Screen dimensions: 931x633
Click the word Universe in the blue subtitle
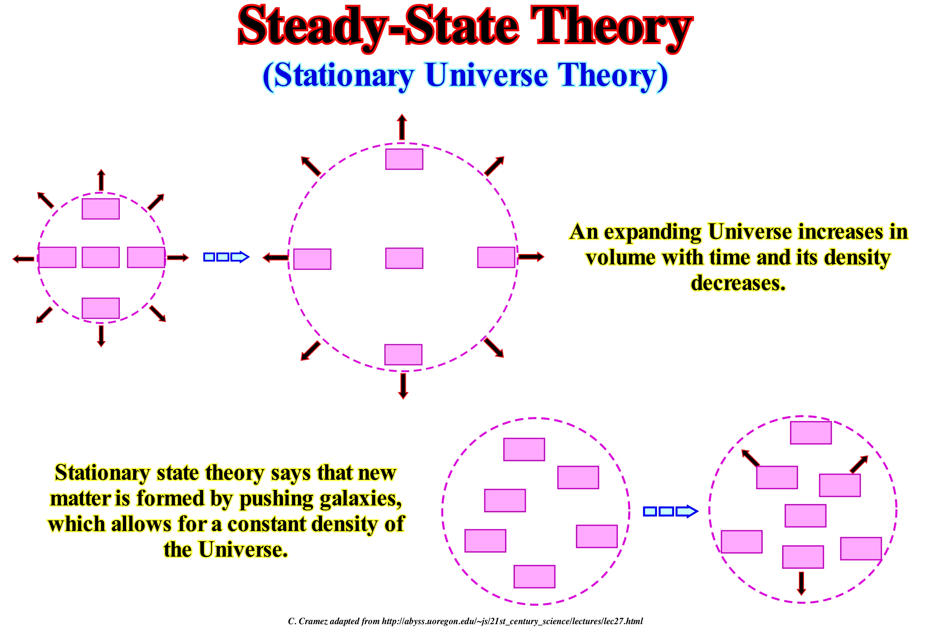click(x=486, y=75)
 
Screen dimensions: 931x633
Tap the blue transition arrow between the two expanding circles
click(x=226, y=257)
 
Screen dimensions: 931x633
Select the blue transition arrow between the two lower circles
click(x=671, y=511)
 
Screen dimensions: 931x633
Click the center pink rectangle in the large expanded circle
click(x=404, y=258)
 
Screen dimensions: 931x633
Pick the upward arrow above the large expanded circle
click(x=402, y=127)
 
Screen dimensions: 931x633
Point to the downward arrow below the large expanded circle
click(x=403, y=386)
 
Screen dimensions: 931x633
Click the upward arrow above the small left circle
click(x=101, y=180)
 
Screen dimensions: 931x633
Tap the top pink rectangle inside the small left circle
click(x=101, y=209)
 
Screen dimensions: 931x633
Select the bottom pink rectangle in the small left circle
click(x=101, y=308)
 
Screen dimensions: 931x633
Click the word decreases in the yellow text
click(x=738, y=283)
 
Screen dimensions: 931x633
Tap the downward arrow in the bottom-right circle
click(x=801, y=583)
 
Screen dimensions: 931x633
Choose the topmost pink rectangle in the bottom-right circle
click(x=811, y=433)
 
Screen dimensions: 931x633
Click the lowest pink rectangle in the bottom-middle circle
click(x=534, y=577)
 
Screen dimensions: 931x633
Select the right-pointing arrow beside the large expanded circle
click(x=531, y=256)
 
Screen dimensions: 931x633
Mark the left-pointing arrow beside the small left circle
click(x=24, y=259)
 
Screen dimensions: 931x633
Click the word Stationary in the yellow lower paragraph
click(x=102, y=473)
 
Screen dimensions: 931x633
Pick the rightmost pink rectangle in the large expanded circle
click(x=496, y=257)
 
